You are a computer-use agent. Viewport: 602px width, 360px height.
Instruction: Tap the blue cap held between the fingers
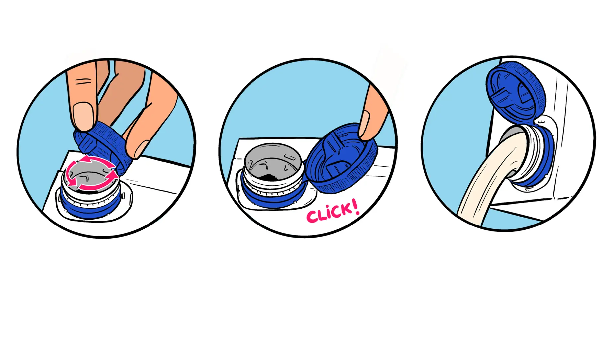point(103,146)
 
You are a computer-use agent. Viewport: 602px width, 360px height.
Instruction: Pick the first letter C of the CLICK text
point(312,217)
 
